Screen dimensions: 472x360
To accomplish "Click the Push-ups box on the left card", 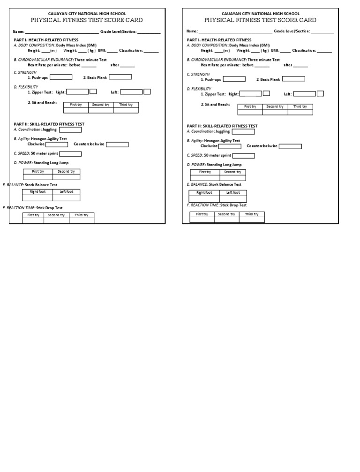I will (61, 77).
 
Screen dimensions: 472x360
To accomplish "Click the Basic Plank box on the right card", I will (293, 79).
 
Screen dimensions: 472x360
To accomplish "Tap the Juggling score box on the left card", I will (70, 129).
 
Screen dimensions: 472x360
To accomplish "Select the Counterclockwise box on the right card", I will (291, 146).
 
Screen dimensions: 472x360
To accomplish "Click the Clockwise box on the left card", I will (57, 145).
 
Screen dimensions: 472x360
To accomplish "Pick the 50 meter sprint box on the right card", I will (244, 156).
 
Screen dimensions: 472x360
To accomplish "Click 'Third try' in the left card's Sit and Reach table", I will (126, 105).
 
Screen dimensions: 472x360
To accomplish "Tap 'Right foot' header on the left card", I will (38, 191).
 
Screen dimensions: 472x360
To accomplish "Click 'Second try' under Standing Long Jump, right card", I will (232, 172).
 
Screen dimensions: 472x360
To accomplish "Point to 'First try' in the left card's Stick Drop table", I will (33, 215).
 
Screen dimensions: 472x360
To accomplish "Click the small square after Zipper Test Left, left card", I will (147, 91).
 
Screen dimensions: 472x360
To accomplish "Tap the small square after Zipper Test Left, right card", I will (320, 93).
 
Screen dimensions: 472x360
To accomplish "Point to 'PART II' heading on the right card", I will (194, 126).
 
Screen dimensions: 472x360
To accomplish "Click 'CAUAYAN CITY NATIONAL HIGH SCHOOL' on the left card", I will (87, 14).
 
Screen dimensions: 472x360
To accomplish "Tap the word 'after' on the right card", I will (288, 65).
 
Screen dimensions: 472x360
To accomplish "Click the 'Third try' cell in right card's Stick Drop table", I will (252, 214).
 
